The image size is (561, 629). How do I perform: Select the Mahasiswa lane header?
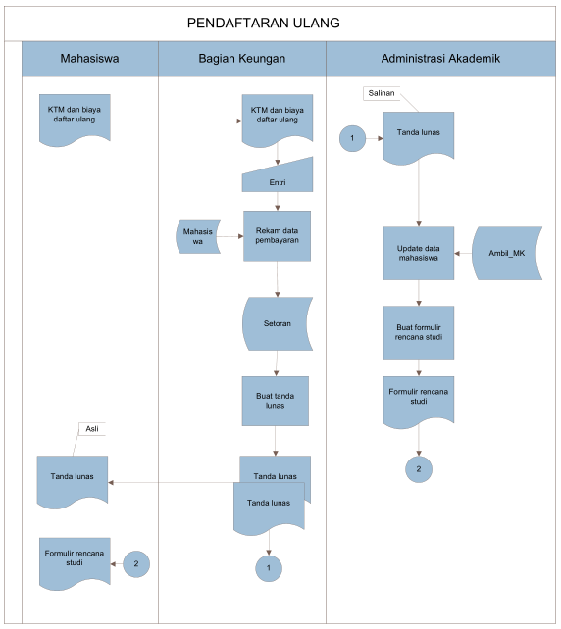(89, 59)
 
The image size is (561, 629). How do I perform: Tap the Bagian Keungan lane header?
(241, 59)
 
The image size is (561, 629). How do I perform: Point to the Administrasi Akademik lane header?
(439, 59)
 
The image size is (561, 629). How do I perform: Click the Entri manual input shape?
(277, 179)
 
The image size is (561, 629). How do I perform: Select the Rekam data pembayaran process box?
(277, 236)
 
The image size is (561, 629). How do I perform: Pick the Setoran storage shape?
(277, 323)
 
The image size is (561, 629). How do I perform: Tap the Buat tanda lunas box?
(276, 401)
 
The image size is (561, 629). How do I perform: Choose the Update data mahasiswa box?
(419, 252)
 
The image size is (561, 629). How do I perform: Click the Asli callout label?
(92, 428)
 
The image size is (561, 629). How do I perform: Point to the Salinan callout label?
(381, 93)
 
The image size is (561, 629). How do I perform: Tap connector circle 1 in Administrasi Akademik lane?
(351, 140)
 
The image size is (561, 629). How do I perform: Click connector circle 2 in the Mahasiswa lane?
(136, 563)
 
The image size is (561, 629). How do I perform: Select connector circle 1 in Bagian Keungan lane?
(268, 566)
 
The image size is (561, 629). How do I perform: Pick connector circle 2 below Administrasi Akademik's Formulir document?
(418, 469)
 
